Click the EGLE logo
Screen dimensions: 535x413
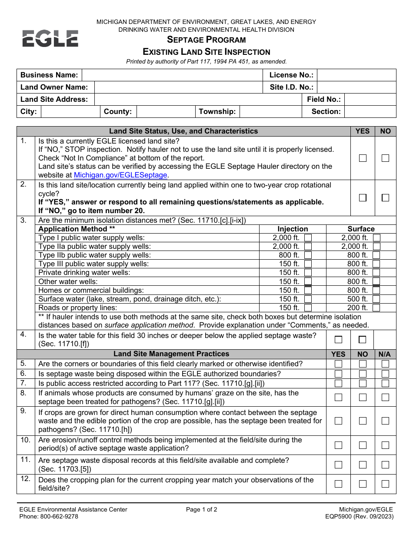point(50,39)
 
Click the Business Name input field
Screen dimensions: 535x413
point(172,75)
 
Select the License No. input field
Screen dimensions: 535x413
point(356,75)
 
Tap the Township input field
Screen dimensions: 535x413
point(270,111)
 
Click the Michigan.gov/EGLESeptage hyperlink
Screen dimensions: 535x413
point(120,175)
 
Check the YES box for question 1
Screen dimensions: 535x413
point(363,158)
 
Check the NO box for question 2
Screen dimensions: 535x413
point(385,197)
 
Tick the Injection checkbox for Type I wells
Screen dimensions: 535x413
point(308,238)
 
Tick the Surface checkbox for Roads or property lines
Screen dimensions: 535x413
point(376,308)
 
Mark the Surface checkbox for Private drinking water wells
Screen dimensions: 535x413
point(376,273)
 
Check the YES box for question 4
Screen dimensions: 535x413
point(338,339)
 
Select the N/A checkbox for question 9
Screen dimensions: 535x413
point(385,421)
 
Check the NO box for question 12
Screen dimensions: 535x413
point(363,484)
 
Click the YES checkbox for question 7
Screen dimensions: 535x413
point(338,383)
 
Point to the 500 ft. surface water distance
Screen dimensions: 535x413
point(357,299)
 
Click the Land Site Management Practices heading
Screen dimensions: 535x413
point(171,354)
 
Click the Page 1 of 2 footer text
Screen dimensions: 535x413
point(201,510)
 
